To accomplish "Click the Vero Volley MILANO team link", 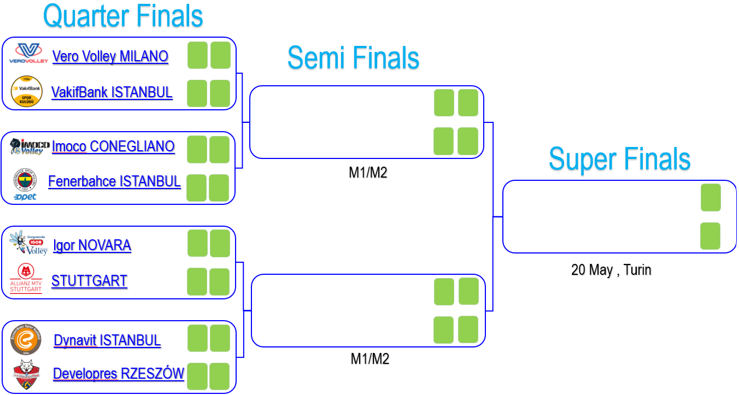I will (x=110, y=56).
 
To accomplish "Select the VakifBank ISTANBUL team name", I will (x=112, y=92).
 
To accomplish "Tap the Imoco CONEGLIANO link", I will (x=113, y=146).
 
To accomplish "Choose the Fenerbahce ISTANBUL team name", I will (x=114, y=181).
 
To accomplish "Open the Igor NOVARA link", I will (x=92, y=245).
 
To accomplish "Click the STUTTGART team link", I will (x=89, y=281).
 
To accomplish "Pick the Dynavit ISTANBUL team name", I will (x=107, y=340).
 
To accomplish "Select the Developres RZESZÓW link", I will (x=118, y=374).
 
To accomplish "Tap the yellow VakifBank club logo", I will (x=27, y=91).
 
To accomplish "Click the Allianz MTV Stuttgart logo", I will (x=26, y=278).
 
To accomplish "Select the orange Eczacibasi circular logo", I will (x=26, y=340).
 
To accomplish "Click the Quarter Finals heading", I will (x=123, y=16).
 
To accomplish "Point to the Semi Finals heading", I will (x=353, y=57).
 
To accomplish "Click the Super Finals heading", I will (x=619, y=159).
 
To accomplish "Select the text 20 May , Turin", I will (x=611, y=269).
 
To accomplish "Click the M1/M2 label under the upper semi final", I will (x=368, y=173).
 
